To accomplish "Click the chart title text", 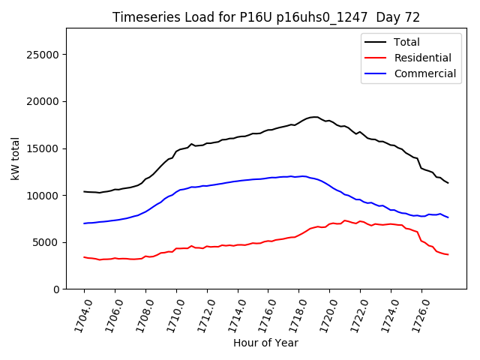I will click(266, 17).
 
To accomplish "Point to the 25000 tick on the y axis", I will click(43, 55).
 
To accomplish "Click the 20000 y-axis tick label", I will click(43, 101).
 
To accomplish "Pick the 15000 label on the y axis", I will click(43, 148).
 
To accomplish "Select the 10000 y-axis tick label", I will click(43, 195).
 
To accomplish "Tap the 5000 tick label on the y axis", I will click(46, 242).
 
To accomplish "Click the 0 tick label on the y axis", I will click(56, 289).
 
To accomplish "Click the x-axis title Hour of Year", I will click(266, 343).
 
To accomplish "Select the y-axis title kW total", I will click(15, 158).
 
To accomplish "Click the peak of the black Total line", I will click(315, 117).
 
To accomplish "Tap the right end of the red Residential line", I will click(448, 254).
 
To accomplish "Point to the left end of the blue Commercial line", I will click(84, 223).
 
